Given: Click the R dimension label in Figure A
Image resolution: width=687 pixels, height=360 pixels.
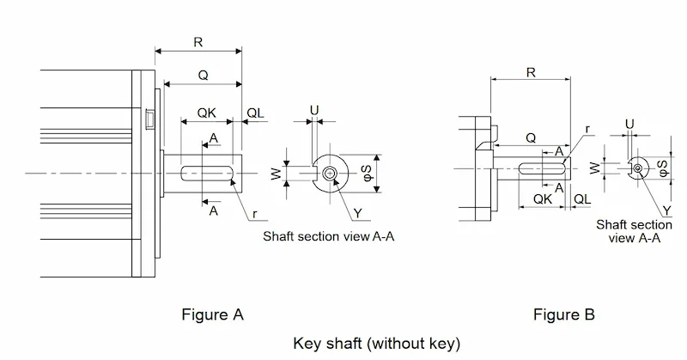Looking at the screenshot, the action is tap(198, 42).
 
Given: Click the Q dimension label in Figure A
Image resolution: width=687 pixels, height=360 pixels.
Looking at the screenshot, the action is tap(203, 75).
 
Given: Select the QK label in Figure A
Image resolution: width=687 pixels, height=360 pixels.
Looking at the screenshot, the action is tap(206, 113).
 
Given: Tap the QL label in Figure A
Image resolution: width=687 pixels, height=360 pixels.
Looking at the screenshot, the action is tap(255, 113).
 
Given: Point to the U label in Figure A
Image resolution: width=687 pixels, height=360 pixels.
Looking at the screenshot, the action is tap(314, 110).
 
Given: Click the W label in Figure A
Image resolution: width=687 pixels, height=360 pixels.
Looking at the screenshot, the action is tap(276, 174).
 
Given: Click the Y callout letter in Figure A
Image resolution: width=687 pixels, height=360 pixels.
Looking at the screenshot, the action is tap(358, 214).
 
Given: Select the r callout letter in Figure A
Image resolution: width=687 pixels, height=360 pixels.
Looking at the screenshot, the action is tap(254, 214).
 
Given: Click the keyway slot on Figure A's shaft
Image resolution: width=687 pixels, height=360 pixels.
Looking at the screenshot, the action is tap(207, 173).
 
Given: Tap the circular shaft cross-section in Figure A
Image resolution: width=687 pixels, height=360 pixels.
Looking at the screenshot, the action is tap(331, 174).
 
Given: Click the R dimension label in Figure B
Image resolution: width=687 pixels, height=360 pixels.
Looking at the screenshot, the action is tap(531, 72).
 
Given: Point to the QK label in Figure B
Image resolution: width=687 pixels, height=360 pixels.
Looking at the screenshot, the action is tap(543, 199).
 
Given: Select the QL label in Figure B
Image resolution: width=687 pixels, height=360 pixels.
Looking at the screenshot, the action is tap(582, 199).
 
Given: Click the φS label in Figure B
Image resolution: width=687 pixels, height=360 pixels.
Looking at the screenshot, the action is tap(663, 168).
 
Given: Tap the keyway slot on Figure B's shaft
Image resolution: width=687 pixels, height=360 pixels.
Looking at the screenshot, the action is tap(542, 168).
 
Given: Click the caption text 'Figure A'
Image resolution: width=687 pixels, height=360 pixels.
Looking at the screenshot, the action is tap(212, 314).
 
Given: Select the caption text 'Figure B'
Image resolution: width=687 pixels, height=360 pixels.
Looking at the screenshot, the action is tap(564, 314).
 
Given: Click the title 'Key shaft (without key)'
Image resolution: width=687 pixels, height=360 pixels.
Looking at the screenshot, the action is tap(377, 343).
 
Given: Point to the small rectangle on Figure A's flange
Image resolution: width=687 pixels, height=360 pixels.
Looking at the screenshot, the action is tap(149, 118).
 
